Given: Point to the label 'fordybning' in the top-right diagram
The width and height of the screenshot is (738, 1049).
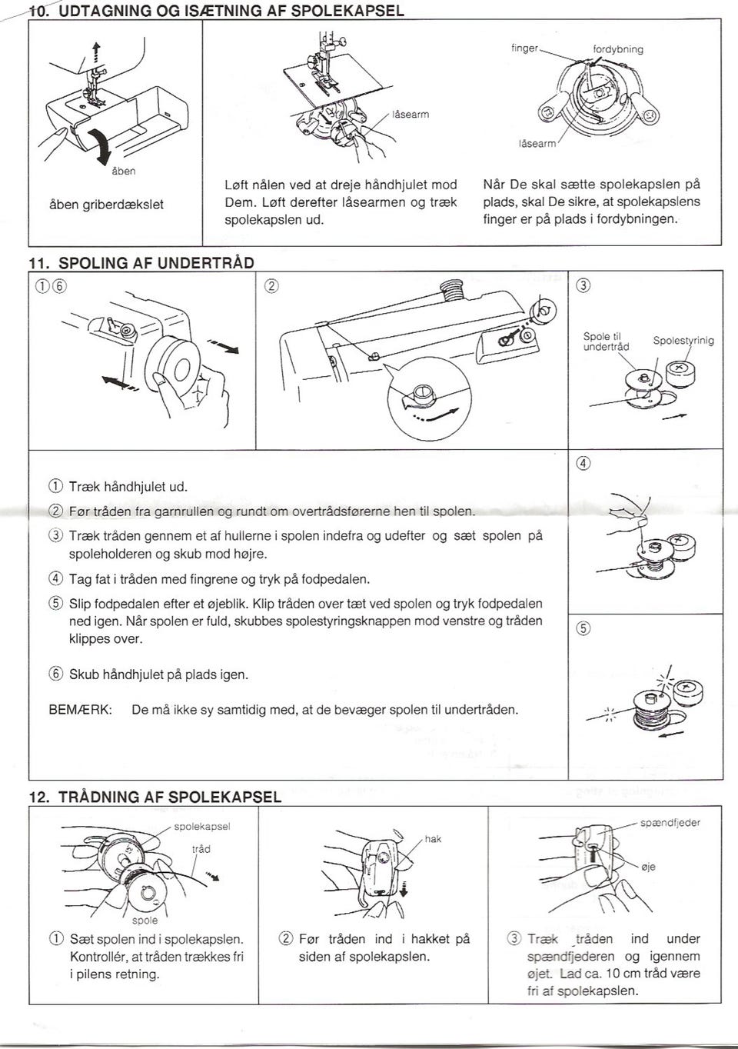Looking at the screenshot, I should (x=618, y=49).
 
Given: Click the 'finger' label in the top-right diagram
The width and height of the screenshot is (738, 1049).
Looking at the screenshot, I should (x=524, y=48).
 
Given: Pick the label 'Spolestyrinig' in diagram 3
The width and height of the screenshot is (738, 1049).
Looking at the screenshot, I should (x=683, y=340).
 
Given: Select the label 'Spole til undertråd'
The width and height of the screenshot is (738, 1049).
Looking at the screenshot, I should (x=606, y=341).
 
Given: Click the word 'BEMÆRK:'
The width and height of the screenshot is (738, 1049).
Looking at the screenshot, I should (x=81, y=710).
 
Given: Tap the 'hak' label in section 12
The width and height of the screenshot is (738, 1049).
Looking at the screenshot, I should (x=433, y=839).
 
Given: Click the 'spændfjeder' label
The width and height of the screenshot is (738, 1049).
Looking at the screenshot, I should (x=670, y=822).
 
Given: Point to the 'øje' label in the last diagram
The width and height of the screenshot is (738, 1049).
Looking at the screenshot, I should (x=648, y=867).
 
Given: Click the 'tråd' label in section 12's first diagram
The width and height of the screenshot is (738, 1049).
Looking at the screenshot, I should (x=201, y=849).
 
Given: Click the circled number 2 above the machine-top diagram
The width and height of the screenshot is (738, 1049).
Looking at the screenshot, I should (x=271, y=288).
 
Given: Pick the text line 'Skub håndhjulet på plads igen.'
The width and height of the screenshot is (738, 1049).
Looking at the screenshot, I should (x=158, y=674).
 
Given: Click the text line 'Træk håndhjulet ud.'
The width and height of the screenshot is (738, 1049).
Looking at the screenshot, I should (x=128, y=487).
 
